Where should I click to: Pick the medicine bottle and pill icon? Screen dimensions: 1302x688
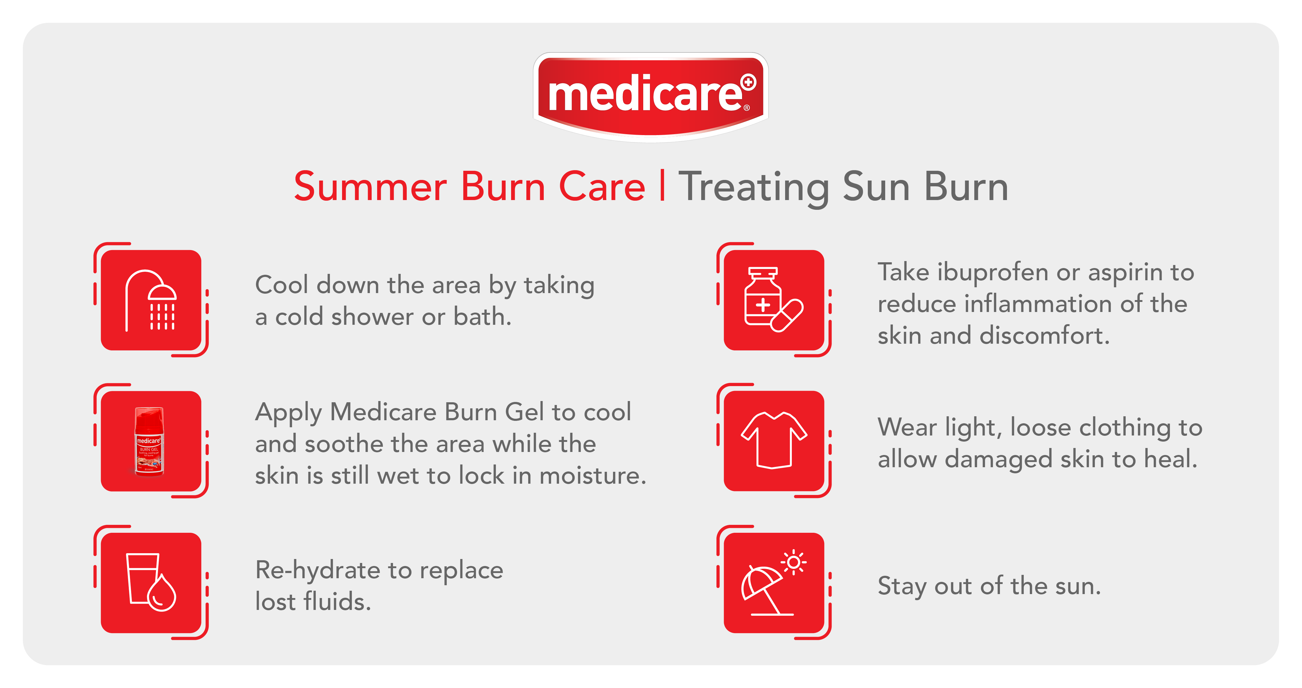773,299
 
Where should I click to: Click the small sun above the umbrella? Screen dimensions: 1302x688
794,562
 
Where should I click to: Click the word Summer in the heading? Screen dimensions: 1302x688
370,187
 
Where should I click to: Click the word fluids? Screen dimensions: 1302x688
337,601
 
